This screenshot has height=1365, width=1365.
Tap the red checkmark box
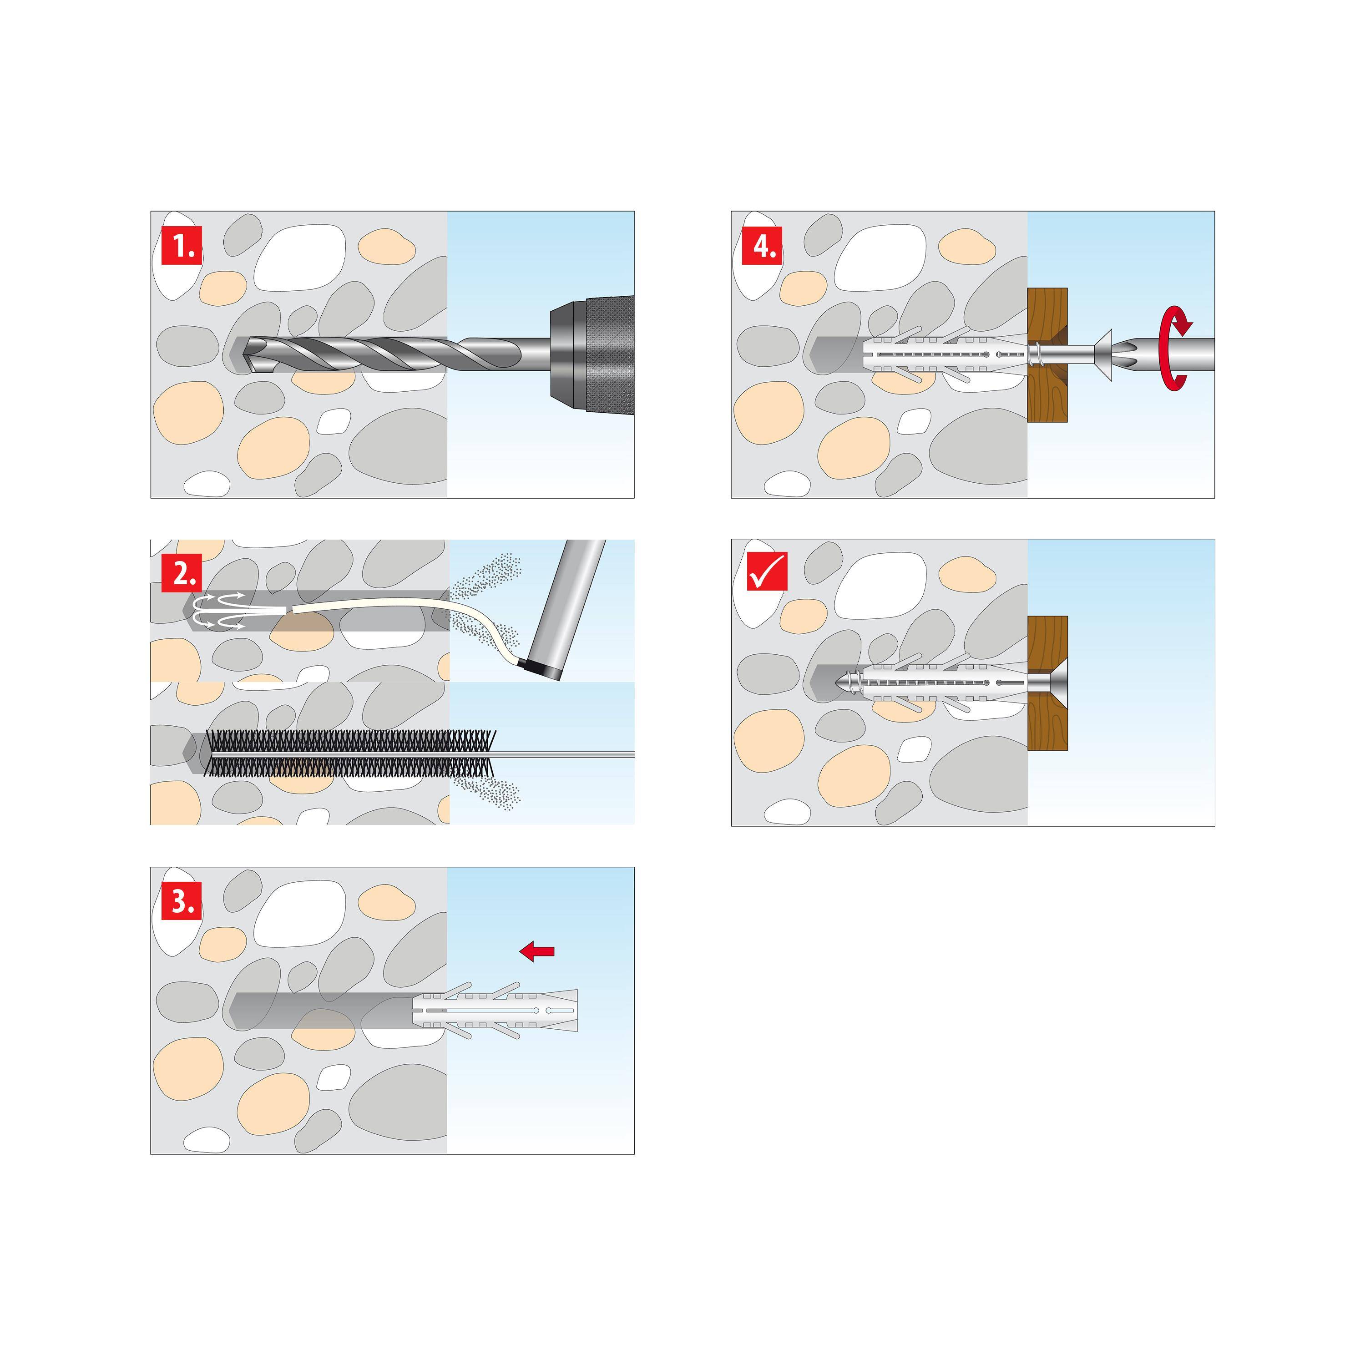coord(767,571)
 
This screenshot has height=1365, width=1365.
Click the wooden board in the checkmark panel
coord(1047,721)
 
